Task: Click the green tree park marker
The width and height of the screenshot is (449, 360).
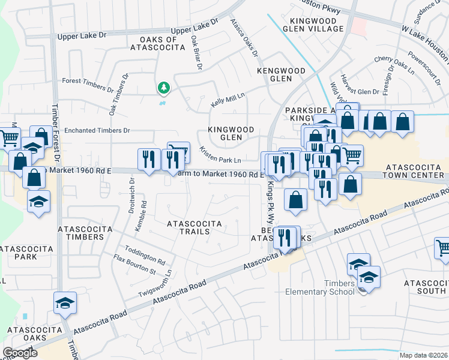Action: tap(163, 89)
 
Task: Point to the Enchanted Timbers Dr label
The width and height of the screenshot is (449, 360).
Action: tap(97, 130)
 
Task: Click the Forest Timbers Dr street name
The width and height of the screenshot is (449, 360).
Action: tap(88, 85)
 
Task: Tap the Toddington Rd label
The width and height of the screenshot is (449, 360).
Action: tap(145, 255)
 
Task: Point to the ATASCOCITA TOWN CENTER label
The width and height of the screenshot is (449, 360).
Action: tap(415, 171)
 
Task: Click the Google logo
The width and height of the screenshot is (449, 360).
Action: tap(19, 353)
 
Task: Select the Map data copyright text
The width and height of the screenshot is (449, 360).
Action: tap(423, 355)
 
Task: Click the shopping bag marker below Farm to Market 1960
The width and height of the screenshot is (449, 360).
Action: tap(295, 200)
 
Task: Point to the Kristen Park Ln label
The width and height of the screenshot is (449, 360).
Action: tap(220, 155)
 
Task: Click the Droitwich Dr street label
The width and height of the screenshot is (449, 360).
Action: tap(131, 191)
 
